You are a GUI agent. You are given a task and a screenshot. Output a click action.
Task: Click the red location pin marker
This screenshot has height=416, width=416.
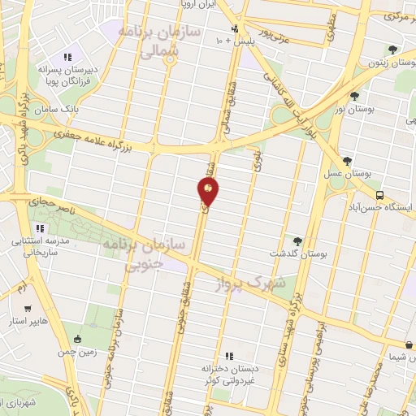208,193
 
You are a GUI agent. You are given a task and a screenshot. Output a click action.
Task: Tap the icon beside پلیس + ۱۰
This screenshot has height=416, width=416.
234,28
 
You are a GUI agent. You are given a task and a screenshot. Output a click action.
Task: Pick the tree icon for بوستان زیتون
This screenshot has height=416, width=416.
393,48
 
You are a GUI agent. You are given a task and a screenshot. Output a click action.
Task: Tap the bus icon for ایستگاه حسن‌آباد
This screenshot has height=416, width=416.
380,195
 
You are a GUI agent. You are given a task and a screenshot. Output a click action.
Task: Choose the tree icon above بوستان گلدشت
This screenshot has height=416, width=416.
297,240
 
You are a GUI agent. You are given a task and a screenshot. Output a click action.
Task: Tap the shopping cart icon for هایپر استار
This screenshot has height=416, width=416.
28,309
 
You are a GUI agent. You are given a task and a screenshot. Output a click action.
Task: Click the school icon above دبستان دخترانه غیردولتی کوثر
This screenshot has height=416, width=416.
228,355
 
